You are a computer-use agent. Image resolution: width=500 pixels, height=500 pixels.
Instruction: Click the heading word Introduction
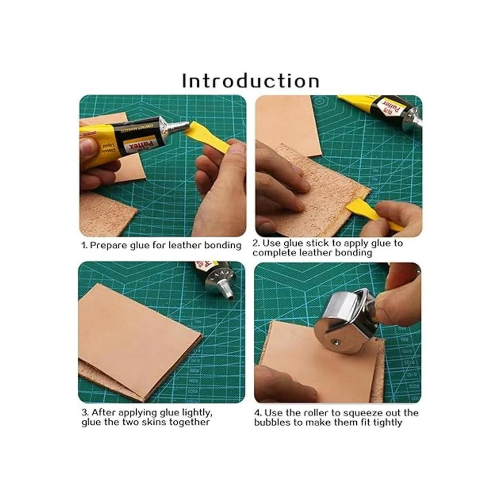point(251,81)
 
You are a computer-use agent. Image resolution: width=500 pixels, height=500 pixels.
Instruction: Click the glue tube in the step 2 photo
point(381,110)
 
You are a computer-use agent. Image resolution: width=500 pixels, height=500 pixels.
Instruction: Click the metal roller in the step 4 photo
point(342,322)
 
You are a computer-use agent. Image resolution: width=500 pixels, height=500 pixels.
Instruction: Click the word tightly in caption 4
point(388,422)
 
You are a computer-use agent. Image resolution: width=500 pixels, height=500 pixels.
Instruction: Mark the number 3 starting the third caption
point(84,412)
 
